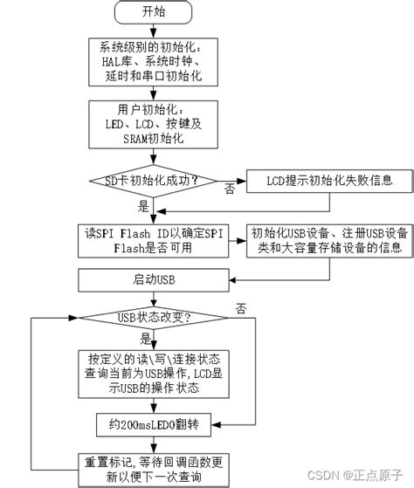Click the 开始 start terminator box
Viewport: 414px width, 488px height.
tap(154, 12)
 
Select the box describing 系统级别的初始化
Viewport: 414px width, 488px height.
tap(154, 62)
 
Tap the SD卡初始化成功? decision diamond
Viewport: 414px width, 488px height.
tap(154, 182)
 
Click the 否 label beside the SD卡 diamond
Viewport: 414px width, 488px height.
tap(229, 189)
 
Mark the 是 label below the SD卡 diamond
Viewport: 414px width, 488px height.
tap(143, 208)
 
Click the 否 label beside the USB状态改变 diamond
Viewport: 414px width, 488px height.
tap(240, 308)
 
